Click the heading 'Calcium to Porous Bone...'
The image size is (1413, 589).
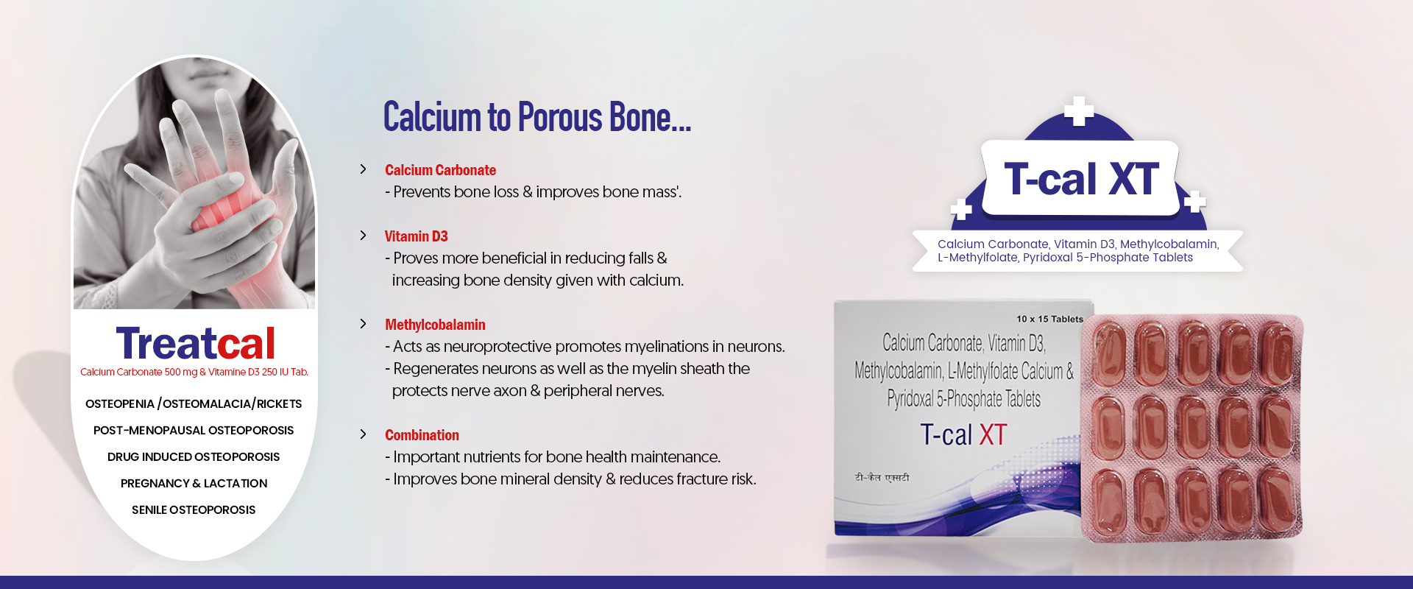[537, 118]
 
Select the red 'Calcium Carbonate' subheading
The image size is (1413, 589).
[440, 170]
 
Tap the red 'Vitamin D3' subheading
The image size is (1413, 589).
[416, 236]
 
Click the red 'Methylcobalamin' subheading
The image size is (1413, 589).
[435, 325]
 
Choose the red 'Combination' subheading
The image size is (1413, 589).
[422, 435]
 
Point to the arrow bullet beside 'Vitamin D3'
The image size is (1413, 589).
[363, 236]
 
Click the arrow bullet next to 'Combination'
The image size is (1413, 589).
[363, 434]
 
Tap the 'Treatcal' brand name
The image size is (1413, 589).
[195, 343]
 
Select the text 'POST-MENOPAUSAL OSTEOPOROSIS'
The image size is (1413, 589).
[194, 430]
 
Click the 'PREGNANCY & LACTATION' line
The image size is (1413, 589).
[194, 483]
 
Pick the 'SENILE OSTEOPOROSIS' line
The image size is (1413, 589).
[194, 509]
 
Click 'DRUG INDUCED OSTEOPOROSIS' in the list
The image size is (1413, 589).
[194, 456]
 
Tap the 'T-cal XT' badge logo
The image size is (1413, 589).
[1081, 179]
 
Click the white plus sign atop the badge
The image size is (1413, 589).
[1079, 111]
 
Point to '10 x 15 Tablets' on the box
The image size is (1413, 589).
[1049, 319]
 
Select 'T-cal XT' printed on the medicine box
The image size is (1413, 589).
[963, 434]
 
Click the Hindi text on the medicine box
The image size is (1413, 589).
[882, 478]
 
